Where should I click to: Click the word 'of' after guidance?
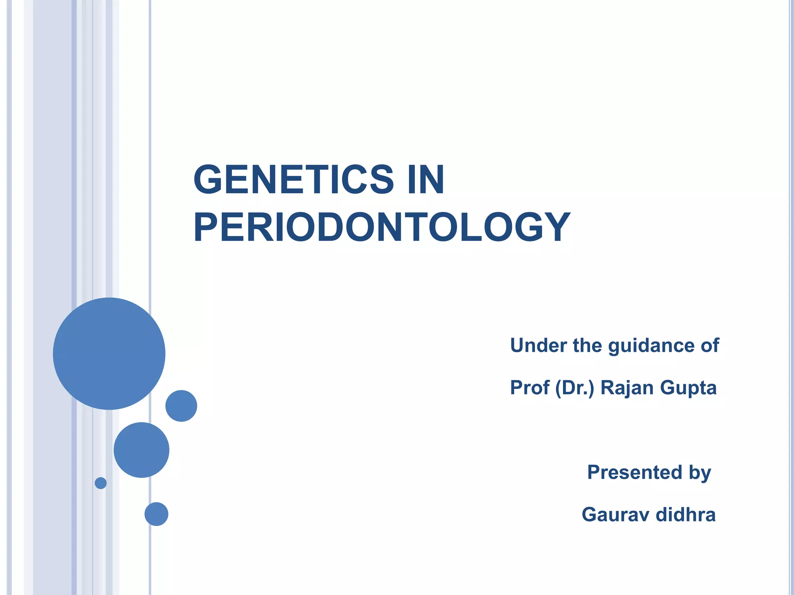(709, 345)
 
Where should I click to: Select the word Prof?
(530, 387)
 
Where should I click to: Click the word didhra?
(685, 514)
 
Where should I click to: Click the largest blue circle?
(109, 353)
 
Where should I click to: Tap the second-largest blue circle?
(142, 450)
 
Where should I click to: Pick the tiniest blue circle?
(101, 483)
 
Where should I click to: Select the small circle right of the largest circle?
(181, 406)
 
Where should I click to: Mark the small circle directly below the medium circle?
(156, 514)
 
